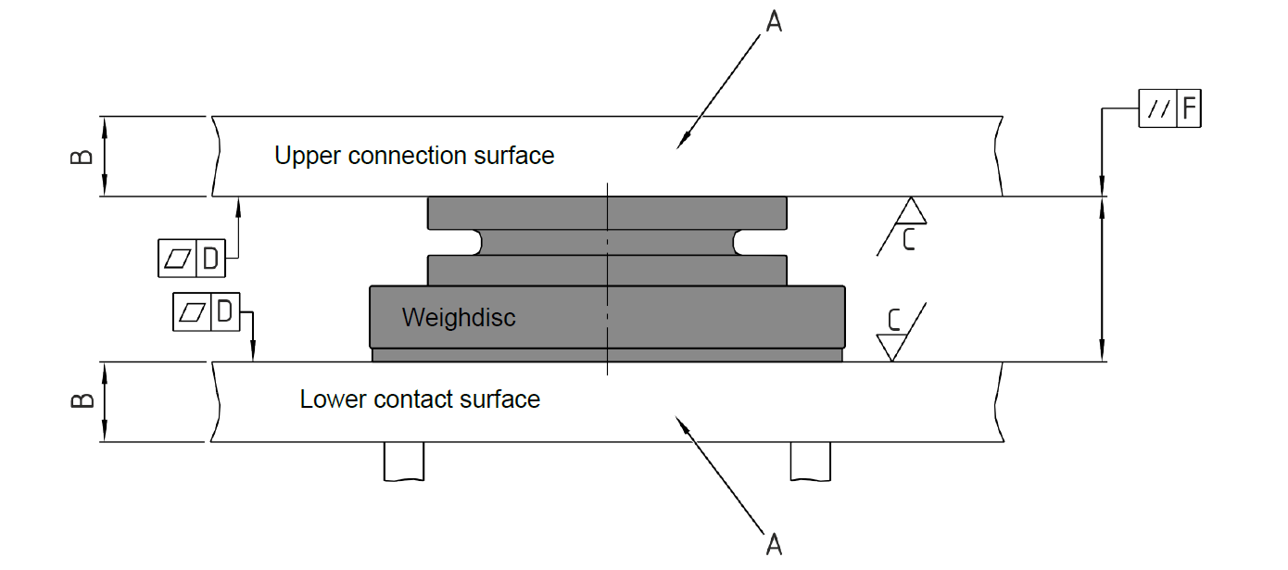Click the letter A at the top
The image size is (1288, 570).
point(773,21)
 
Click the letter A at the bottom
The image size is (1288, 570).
point(773,543)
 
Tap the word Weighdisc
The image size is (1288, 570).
point(459,318)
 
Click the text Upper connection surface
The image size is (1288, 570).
point(414,156)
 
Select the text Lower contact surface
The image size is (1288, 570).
point(420,399)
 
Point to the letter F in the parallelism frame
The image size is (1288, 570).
point(1189,110)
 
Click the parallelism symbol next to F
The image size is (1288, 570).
point(1157,110)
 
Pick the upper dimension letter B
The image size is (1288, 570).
point(82,156)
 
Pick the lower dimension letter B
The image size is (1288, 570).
point(82,400)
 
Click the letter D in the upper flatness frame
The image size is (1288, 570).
point(211,259)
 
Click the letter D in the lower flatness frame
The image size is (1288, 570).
point(224,312)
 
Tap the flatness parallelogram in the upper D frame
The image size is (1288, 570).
point(177,259)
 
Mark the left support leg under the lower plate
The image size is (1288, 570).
point(404,461)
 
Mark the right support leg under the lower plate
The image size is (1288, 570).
point(810,461)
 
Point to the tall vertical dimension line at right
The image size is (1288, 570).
point(1101,278)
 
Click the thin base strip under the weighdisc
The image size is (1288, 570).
point(607,355)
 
